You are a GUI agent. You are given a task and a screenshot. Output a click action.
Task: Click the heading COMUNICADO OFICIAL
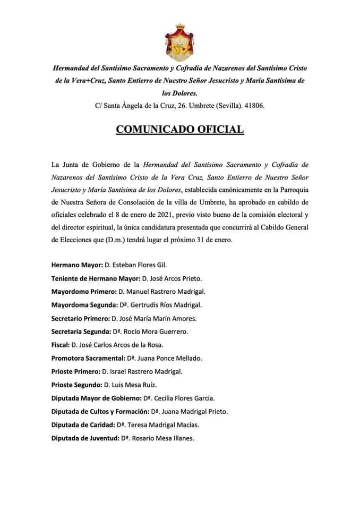click(x=180, y=130)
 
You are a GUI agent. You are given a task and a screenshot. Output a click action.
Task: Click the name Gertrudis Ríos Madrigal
click(x=168, y=305)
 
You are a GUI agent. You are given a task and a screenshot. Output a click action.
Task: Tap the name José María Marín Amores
click(x=159, y=318)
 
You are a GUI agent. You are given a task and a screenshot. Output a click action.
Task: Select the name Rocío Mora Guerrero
click(x=157, y=331)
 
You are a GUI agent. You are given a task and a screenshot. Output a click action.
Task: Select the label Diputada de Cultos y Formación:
click(x=99, y=411)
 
